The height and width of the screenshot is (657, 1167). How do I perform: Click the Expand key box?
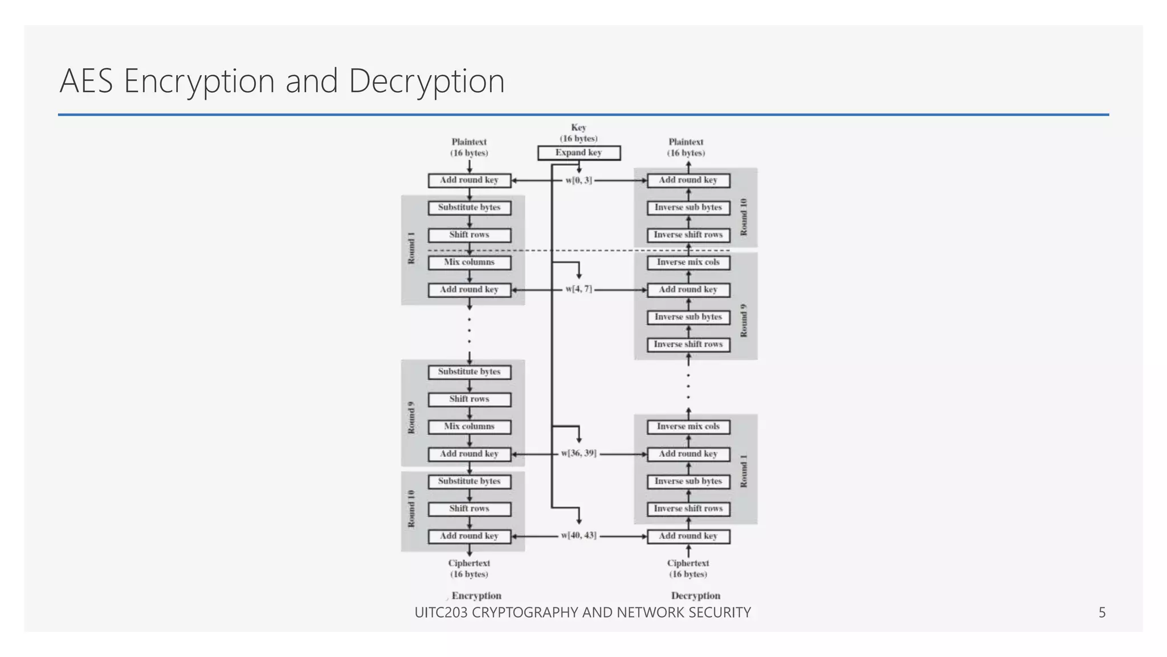coord(578,153)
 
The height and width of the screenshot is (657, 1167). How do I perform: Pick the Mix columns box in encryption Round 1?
coord(469,262)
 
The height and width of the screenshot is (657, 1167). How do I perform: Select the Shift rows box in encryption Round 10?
coord(469,509)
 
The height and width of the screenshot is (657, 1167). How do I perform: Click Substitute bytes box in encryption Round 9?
coord(469,372)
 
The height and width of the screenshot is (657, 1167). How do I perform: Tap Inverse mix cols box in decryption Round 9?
coord(688,262)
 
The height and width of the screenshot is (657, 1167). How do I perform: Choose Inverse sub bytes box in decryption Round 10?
coord(688,208)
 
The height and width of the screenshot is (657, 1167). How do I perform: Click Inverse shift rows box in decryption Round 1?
coord(688,509)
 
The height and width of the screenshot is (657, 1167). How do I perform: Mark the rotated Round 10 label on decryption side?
coord(743,217)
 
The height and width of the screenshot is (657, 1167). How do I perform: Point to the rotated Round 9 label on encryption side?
coord(411,418)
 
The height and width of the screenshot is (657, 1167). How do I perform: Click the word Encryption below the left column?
coord(476,595)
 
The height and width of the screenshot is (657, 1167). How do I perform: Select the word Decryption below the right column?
coord(695,595)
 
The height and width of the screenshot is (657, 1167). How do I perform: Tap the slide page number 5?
coord(1101,613)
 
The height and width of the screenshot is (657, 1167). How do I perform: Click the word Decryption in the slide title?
coord(426,81)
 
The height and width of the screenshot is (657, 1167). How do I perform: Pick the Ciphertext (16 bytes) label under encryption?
coord(469,569)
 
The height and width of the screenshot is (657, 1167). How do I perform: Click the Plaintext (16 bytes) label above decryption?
coord(685,147)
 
